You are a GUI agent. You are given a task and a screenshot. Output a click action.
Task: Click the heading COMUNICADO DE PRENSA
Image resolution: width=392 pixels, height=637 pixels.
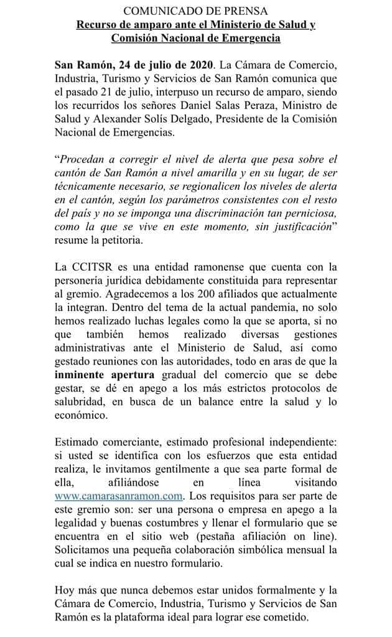click(x=196, y=12)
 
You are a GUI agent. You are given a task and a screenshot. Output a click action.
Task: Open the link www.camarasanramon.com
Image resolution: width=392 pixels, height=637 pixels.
click(x=118, y=496)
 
